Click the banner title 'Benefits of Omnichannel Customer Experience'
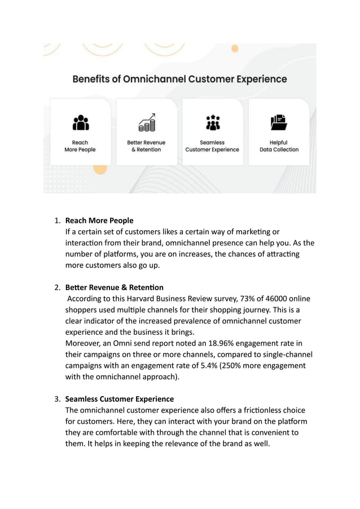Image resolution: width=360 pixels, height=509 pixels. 179,79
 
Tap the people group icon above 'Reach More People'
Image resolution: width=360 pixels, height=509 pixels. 81,122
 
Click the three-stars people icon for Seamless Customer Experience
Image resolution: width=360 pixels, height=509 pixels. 212,122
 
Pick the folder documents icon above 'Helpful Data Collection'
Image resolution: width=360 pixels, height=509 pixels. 279,122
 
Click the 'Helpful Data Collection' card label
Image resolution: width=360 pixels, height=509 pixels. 279,146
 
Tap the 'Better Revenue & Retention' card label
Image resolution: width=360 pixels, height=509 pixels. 147,146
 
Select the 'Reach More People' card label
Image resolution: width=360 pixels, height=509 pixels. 80,146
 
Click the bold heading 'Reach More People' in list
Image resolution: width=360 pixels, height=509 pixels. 99,220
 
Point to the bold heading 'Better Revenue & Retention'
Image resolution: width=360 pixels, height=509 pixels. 115,287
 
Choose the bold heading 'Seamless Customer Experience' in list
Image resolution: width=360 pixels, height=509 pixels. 120,399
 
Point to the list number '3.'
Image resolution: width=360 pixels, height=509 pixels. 58,399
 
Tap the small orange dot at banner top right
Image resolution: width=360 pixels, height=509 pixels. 235,49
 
